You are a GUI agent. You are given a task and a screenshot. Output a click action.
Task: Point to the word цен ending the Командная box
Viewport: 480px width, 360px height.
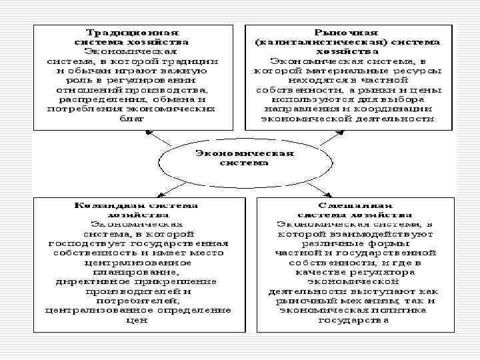tap(137, 319)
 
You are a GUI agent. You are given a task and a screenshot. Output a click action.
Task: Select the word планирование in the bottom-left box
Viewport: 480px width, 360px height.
tap(137, 272)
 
